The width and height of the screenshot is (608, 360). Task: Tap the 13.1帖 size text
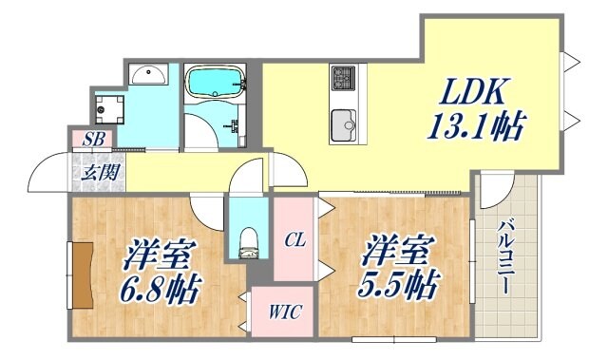(x=476, y=125)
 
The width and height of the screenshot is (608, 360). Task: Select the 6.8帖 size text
(x=160, y=289)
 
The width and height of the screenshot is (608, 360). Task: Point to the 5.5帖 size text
(x=398, y=283)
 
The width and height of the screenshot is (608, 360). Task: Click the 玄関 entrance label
(x=92, y=172)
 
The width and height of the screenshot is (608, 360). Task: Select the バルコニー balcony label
(x=508, y=255)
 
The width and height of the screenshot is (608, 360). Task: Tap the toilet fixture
(x=249, y=242)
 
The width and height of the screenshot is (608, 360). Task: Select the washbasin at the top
(x=147, y=74)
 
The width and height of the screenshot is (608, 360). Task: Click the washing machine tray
(x=109, y=107)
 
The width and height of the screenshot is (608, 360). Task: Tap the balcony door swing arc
(x=491, y=190)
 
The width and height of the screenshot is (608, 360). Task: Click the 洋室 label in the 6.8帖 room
(x=160, y=256)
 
